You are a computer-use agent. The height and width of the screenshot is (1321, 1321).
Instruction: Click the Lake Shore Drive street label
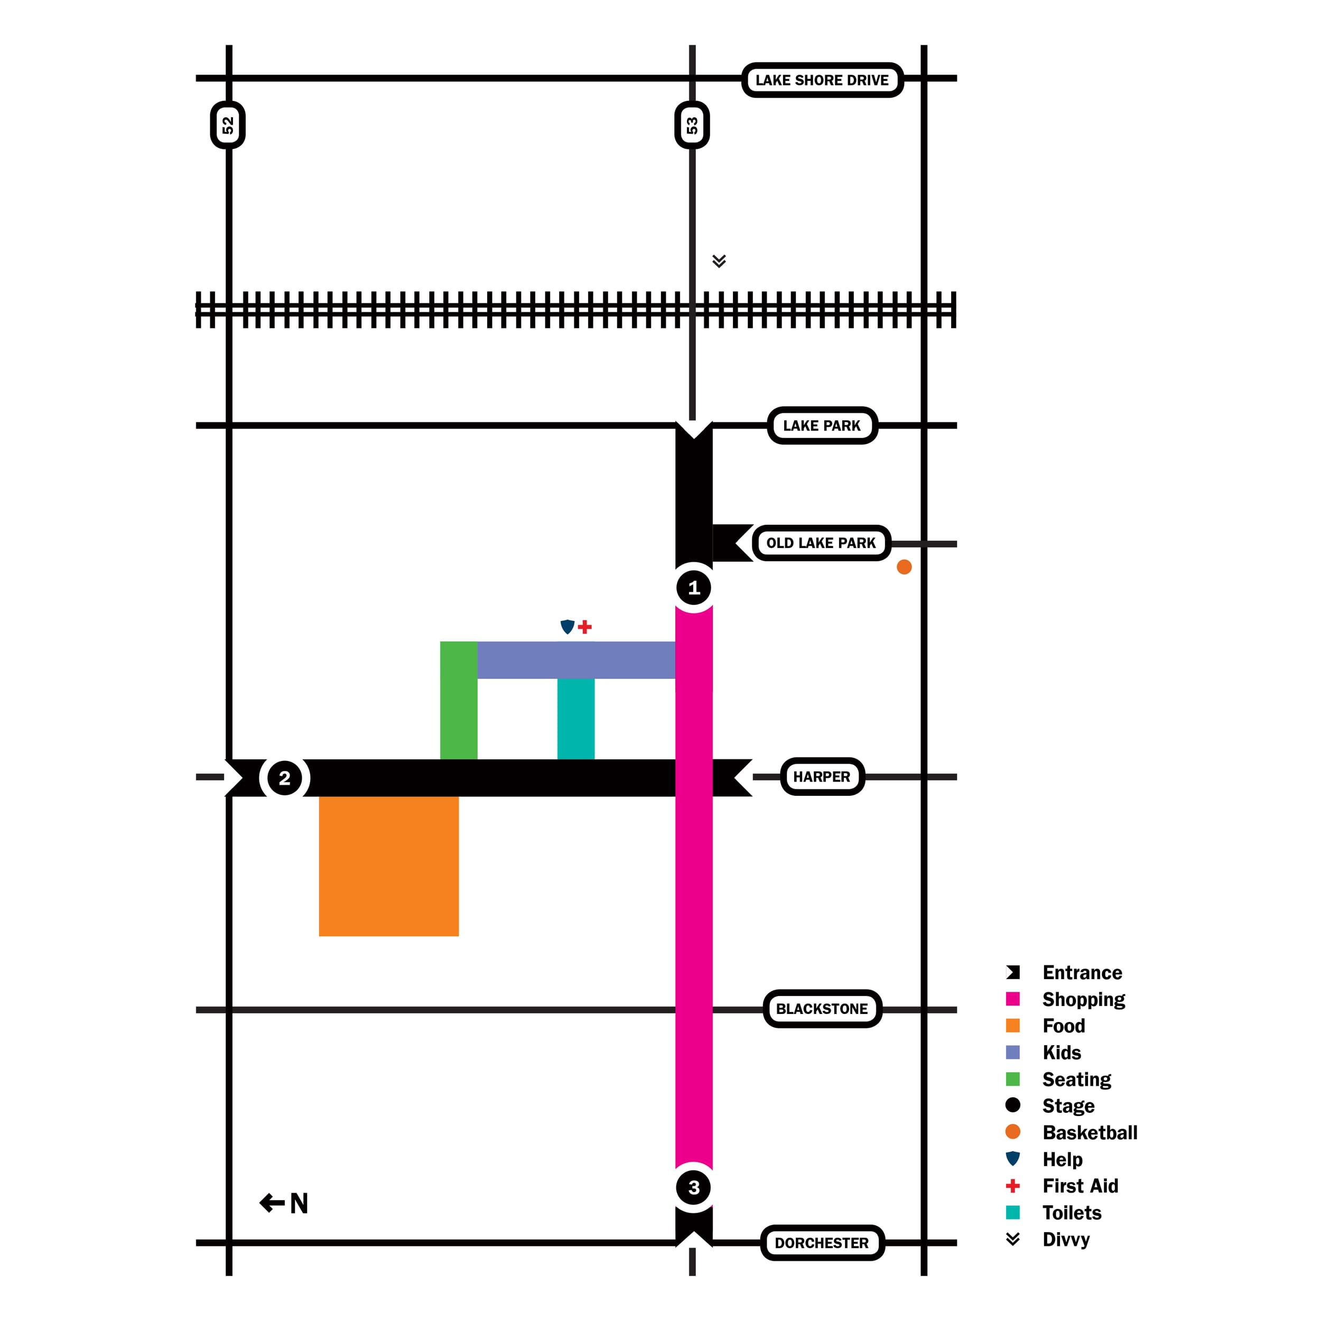[x=822, y=80]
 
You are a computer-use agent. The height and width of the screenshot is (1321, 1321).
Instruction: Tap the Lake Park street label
[x=822, y=425]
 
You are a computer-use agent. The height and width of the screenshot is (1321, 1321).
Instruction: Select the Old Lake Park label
[x=821, y=543]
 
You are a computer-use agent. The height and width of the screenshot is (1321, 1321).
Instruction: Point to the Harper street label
[x=822, y=777]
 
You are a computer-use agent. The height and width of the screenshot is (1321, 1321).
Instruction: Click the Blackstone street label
[x=822, y=1009]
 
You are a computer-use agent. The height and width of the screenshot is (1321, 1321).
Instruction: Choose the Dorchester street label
[x=822, y=1242]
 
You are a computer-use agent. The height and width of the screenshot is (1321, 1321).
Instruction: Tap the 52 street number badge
[x=228, y=125]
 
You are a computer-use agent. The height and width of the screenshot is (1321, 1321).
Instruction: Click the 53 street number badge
[x=692, y=125]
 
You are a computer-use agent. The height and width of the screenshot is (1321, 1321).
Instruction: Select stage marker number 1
[x=694, y=588]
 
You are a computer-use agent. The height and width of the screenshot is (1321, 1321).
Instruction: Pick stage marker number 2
[x=284, y=778]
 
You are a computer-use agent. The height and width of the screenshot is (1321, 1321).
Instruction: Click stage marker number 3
[x=694, y=1188]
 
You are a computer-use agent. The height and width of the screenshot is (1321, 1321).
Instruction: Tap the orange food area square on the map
[x=388, y=866]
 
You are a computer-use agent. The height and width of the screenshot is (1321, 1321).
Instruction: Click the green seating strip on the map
[x=458, y=700]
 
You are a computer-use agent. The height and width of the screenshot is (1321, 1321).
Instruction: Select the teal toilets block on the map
[x=576, y=718]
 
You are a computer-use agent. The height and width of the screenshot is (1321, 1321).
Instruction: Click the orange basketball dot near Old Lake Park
[x=904, y=567]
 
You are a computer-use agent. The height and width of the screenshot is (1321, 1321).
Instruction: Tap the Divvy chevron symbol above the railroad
[x=719, y=261]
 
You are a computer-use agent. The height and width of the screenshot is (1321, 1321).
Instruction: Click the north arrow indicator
[x=284, y=1203]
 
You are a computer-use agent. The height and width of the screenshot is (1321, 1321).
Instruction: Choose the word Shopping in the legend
[x=1083, y=999]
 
